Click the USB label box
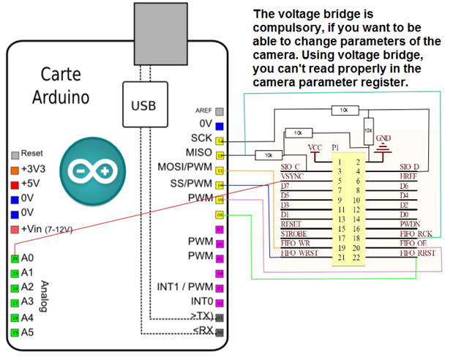(x=143, y=105)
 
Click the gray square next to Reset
(x=15, y=154)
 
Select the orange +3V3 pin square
(x=15, y=169)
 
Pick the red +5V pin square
(x=15, y=183)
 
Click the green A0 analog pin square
(x=15, y=258)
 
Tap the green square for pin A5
(x=15, y=332)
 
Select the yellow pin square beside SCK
(x=220, y=140)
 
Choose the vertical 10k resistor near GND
(x=369, y=128)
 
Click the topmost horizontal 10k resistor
(x=340, y=110)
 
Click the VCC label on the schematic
(x=315, y=147)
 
